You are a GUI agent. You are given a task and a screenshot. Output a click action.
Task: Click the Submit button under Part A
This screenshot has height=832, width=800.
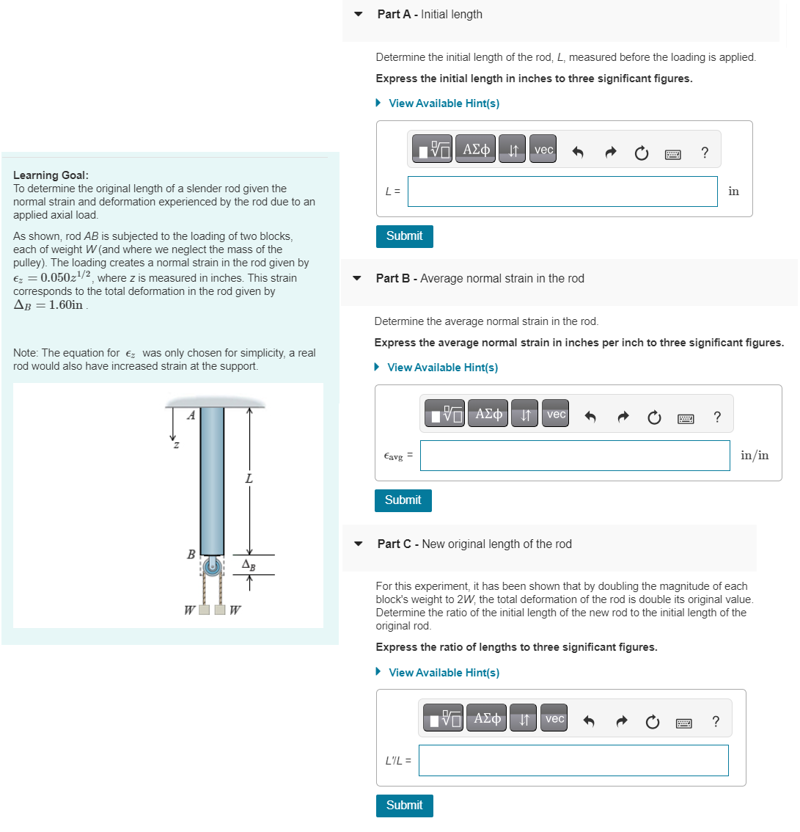404,236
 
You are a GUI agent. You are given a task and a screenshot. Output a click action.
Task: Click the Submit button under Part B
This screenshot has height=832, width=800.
403,500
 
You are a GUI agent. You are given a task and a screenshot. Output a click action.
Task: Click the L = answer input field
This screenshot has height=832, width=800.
562,191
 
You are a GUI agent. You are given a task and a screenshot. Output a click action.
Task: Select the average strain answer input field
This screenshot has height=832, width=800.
575,456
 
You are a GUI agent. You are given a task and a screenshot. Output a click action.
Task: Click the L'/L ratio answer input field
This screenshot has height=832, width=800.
573,761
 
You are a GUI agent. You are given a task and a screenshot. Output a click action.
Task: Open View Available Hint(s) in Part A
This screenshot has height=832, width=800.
444,103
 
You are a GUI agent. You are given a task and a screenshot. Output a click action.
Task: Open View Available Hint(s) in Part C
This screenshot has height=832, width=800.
444,673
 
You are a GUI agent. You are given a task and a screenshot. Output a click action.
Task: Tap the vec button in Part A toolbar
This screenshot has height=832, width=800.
543,150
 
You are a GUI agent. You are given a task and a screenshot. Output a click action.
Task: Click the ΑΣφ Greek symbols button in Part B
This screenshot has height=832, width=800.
488,415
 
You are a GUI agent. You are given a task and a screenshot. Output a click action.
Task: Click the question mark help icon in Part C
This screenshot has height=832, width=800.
716,722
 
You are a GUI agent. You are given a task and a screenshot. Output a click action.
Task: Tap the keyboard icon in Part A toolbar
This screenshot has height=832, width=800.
672,153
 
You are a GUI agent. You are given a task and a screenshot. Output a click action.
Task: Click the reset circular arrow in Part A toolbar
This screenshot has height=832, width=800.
641,153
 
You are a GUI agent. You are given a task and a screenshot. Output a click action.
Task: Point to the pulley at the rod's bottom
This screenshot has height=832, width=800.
213,566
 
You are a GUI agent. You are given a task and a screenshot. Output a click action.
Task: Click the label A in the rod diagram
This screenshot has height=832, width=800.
191,415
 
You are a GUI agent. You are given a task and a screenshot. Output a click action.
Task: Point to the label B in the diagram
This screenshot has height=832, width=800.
191,555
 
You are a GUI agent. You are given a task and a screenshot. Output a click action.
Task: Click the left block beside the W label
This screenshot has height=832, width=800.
205,609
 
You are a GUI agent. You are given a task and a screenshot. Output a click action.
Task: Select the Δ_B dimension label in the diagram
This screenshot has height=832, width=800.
249,565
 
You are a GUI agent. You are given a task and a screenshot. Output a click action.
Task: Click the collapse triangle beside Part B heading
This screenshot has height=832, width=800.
358,279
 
